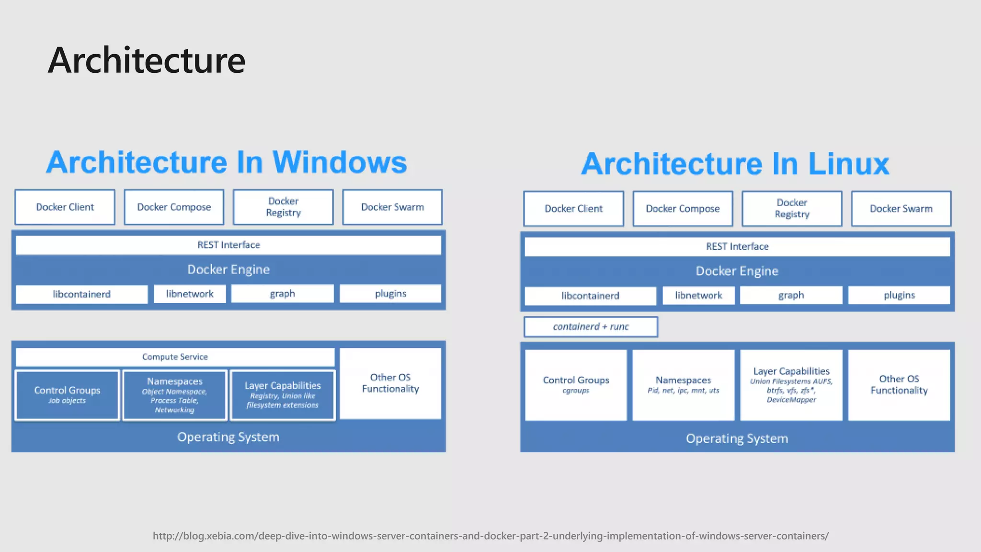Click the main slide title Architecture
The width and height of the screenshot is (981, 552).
(x=146, y=60)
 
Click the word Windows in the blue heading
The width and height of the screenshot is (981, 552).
(x=339, y=162)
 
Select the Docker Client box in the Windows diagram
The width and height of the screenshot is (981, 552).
(x=65, y=207)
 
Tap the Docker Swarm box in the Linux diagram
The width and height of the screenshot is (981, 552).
(x=901, y=208)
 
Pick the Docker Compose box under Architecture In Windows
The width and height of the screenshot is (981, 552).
(x=174, y=207)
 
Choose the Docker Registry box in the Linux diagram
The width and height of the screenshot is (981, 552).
(x=792, y=208)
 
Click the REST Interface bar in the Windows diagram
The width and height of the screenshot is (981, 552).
(x=228, y=245)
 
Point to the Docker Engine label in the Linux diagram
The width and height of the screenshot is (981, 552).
(x=737, y=271)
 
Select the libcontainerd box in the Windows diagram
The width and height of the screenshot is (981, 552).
(x=81, y=294)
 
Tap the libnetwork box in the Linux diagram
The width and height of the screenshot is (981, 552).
(x=698, y=295)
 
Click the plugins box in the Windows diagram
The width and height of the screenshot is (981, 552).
(x=390, y=293)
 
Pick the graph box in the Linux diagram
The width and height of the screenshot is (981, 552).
(x=791, y=295)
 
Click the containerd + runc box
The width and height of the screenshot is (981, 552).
(x=591, y=327)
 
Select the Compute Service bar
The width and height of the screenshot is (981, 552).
(x=175, y=357)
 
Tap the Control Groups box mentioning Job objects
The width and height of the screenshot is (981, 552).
(x=67, y=395)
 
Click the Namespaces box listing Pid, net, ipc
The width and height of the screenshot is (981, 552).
(x=683, y=385)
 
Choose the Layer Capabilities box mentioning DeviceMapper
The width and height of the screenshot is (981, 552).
(x=791, y=385)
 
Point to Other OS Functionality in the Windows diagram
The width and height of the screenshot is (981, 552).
(x=390, y=383)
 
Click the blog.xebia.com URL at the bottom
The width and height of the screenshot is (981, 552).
(x=490, y=536)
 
